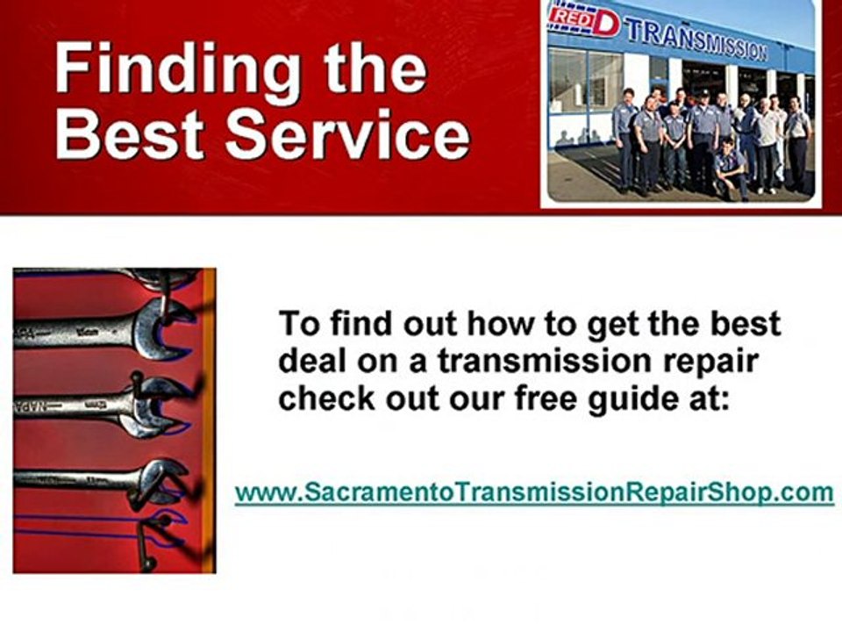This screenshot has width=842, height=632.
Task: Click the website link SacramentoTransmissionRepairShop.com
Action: (x=534, y=492)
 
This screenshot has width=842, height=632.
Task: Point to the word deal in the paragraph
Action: (x=311, y=362)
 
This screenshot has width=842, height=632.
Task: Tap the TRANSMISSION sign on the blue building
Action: (x=696, y=39)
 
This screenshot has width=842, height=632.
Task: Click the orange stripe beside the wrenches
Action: (x=209, y=421)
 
